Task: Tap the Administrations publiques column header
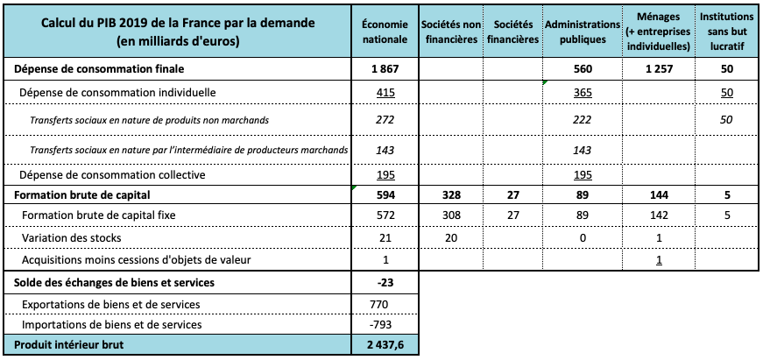576,32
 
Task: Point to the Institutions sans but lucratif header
726,32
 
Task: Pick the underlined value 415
384,92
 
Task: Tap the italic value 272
384,119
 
